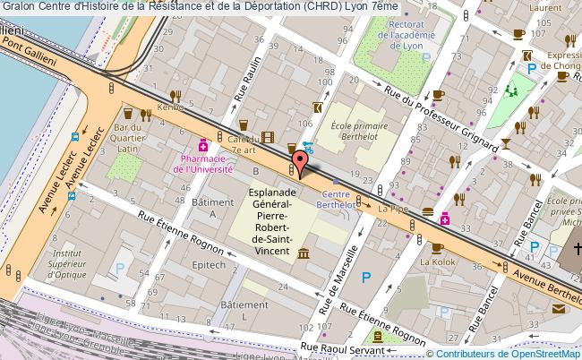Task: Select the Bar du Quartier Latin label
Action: tap(129, 139)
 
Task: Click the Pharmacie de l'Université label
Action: tap(202, 163)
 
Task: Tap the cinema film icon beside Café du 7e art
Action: tap(266, 138)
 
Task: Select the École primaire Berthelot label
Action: tap(358, 133)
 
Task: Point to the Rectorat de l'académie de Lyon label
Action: tap(390, 30)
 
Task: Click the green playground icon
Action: tap(512, 90)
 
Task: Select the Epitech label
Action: tap(208, 266)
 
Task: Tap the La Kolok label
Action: tap(437, 262)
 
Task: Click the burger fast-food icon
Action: tap(428, 213)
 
